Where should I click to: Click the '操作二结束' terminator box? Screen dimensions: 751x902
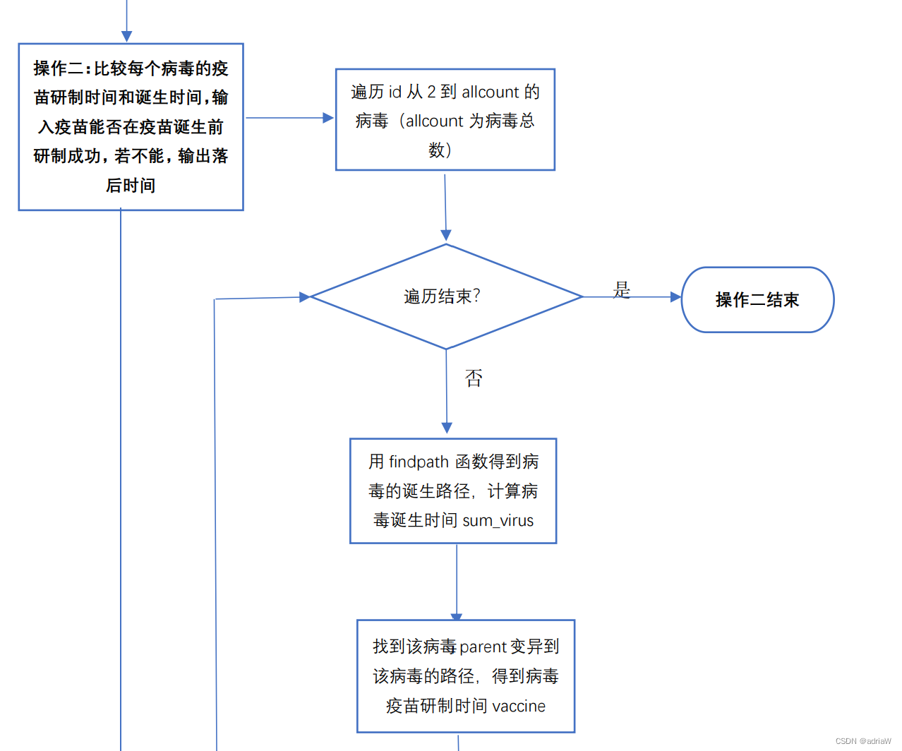[x=757, y=300]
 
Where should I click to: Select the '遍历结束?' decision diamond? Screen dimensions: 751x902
[x=446, y=296]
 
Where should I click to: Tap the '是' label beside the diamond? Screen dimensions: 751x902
[x=622, y=289]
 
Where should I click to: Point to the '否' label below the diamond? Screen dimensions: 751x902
[x=474, y=378]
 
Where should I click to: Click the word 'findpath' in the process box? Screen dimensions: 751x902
[x=419, y=462]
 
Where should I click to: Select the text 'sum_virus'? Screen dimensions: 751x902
[x=498, y=521]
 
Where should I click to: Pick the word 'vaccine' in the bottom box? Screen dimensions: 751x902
[x=518, y=706]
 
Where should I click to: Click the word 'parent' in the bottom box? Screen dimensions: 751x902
[x=483, y=647]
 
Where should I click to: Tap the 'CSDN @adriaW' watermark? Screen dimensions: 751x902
[x=862, y=741]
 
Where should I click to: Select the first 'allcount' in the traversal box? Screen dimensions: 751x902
[x=491, y=92]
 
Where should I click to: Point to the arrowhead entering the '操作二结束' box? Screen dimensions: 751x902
[x=675, y=297]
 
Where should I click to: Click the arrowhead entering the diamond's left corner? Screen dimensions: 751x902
[x=304, y=297]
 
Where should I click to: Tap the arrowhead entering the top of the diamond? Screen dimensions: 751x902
[x=446, y=236]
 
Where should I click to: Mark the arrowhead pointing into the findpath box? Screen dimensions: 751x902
[x=447, y=428]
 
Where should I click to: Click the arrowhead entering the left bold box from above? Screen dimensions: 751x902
[x=127, y=36]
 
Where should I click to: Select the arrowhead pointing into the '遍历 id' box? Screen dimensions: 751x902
[x=328, y=118]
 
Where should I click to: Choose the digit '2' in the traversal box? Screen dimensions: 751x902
[x=431, y=92]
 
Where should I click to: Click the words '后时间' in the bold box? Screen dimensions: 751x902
[x=131, y=186]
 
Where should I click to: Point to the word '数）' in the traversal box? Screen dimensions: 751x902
[x=440, y=150]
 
